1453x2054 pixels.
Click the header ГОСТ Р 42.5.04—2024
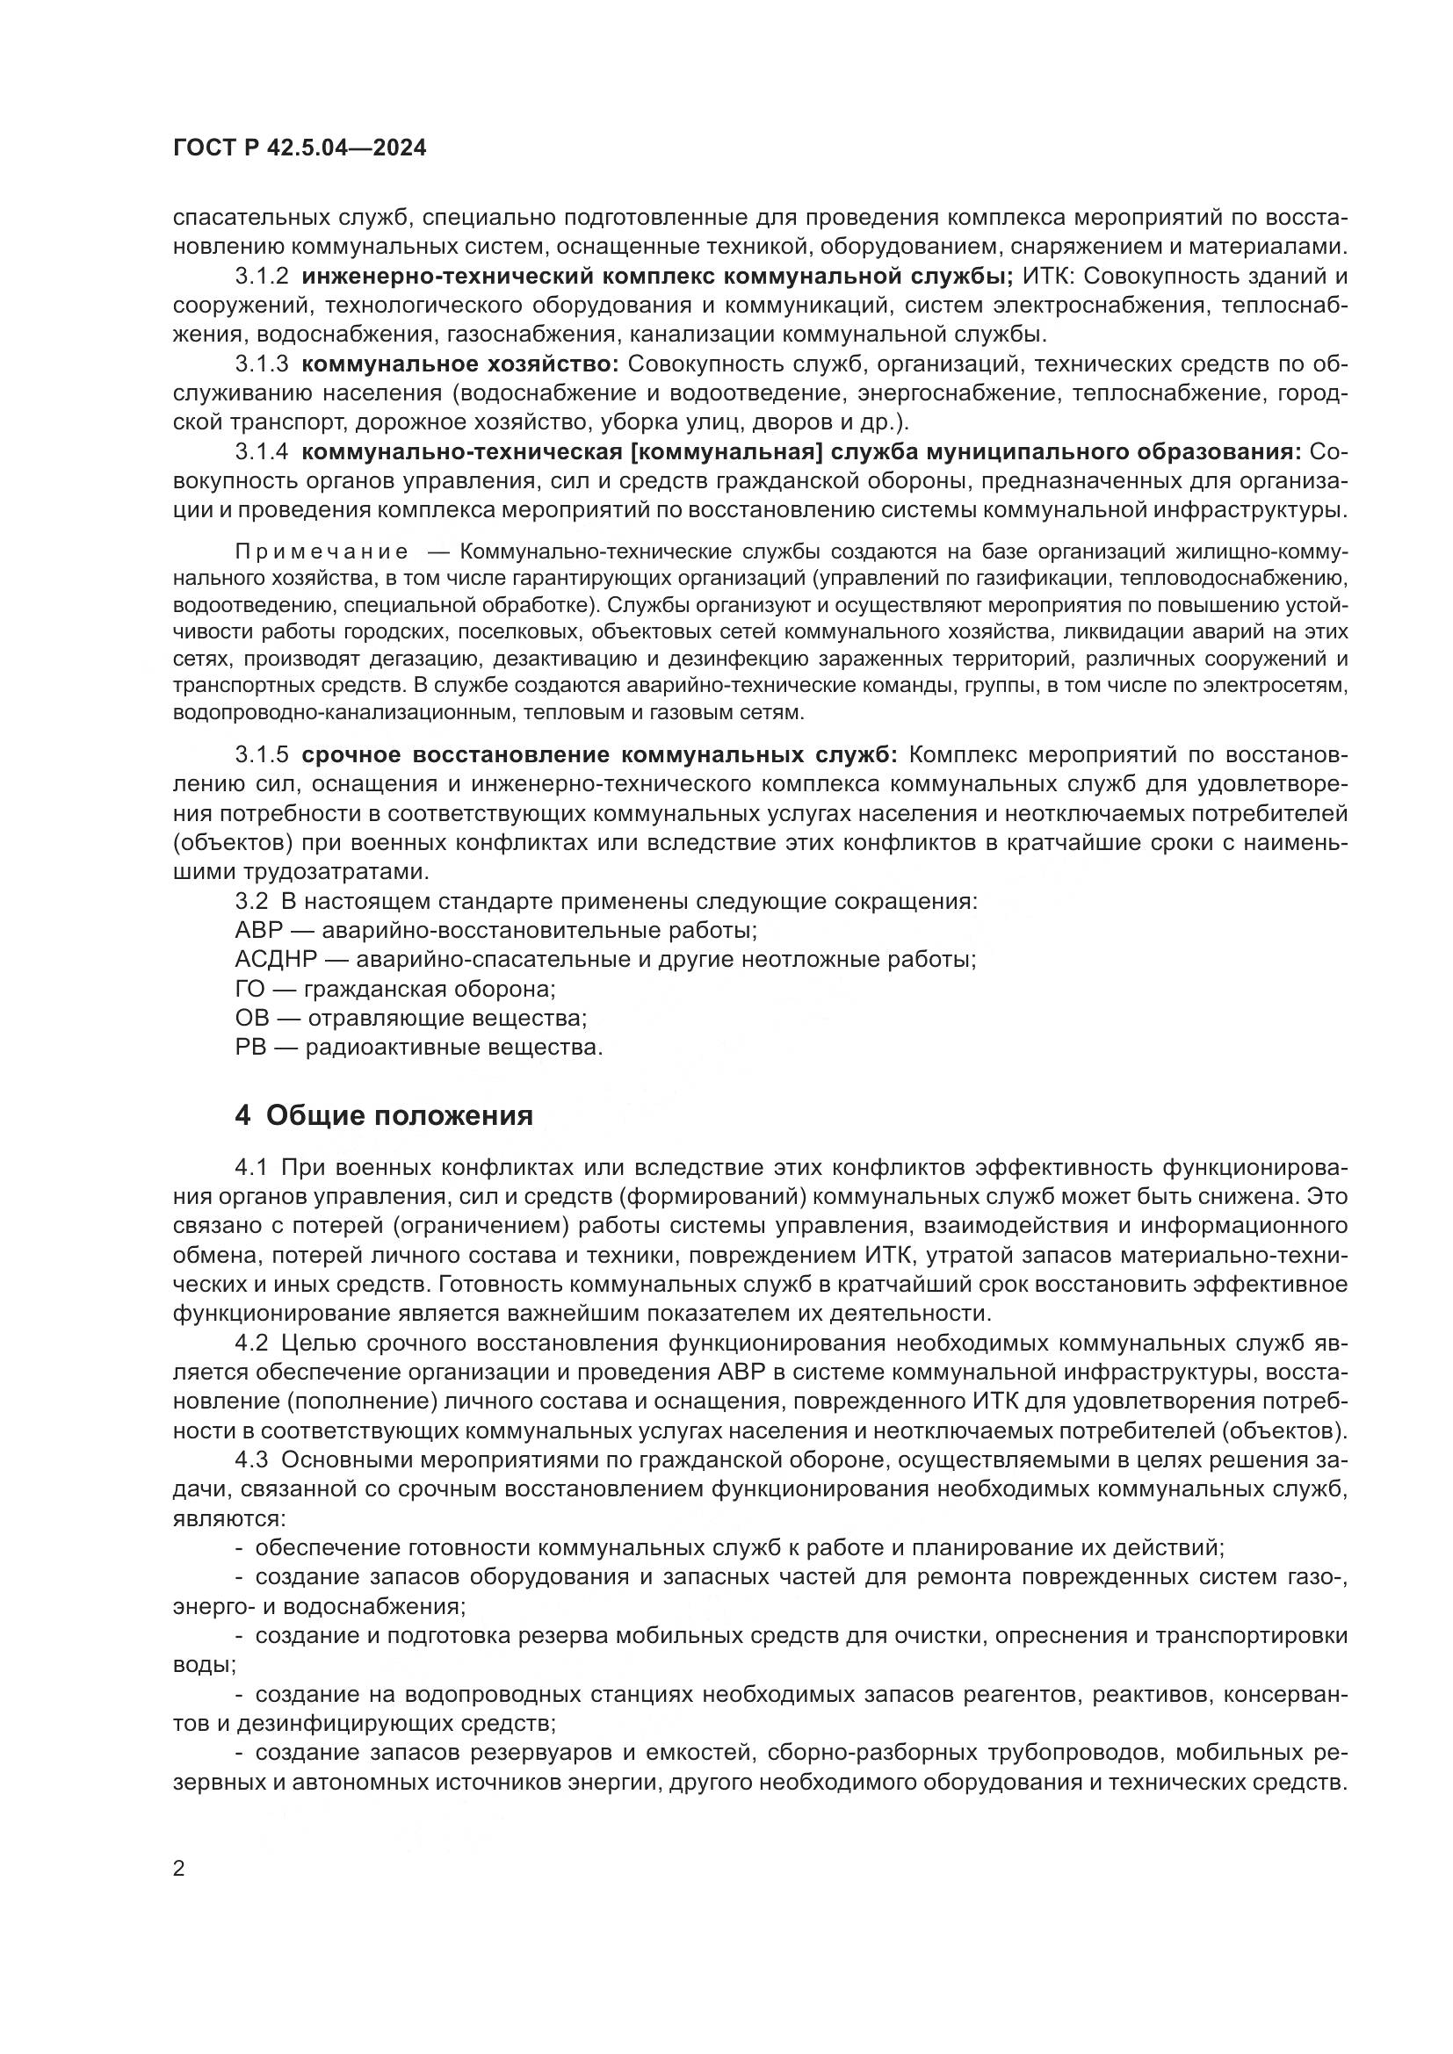pos(300,148)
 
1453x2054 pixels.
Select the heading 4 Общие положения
pos(384,1115)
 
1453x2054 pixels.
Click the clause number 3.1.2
pos(261,277)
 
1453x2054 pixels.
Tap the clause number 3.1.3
pos(261,364)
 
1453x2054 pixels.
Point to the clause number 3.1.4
pos(261,451)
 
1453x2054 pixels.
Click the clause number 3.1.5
pos(261,755)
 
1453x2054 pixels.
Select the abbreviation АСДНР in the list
pos(276,960)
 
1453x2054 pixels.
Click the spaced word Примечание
pos(322,552)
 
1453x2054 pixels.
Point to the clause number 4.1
pos(251,1167)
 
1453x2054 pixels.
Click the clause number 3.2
pos(251,901)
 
